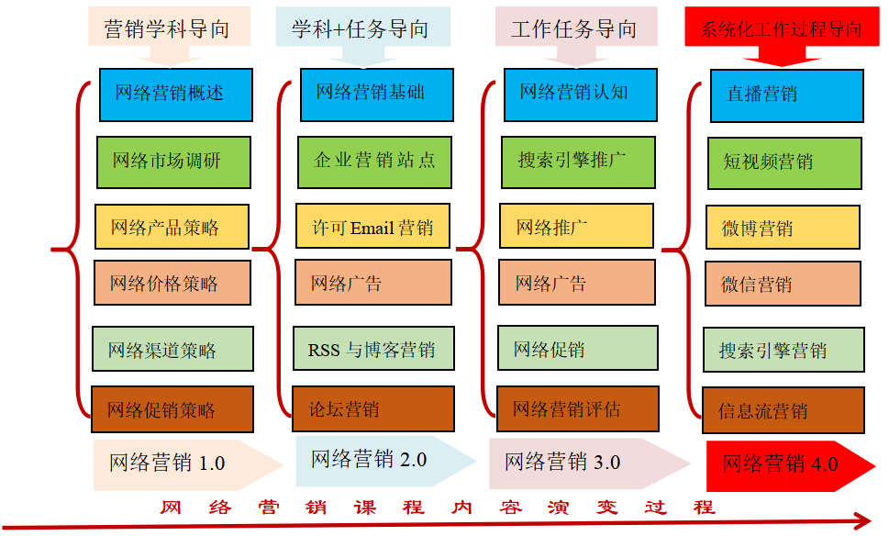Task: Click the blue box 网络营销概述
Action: [x=174, y=95]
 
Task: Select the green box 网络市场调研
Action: [x=173, y=162]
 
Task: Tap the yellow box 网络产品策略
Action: [x=172, y=228]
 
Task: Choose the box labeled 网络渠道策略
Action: [x=172, y=350]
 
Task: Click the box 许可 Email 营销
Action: [x=372, y=227]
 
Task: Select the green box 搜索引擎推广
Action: [x=578, y=162]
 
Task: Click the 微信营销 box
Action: [x=783, y=285]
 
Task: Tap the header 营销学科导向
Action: [x=166, y=28]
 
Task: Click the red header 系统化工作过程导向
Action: [x=781, y=28]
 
